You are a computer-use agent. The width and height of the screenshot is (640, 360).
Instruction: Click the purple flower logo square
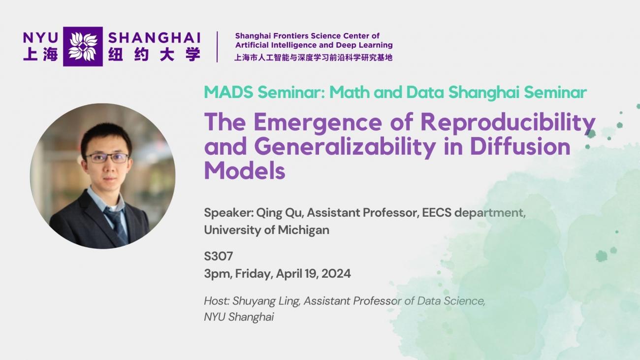83,47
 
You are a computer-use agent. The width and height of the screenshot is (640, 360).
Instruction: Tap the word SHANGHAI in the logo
155,38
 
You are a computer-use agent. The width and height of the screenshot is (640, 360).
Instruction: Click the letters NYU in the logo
41,38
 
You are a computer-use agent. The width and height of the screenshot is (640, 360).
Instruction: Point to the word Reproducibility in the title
508,123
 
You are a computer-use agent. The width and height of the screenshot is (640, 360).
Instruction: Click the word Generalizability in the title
345,147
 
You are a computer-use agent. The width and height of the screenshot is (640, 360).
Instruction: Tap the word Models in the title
245,170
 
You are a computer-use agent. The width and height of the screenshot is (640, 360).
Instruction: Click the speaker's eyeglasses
107,158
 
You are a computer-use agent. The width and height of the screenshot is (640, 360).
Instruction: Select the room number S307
219,256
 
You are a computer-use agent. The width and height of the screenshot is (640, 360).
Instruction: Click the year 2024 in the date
336,274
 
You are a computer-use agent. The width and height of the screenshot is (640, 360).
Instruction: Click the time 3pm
218,274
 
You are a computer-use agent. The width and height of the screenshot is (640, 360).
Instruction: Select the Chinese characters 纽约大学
154,55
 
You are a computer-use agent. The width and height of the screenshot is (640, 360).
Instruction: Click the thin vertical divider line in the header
217,47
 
